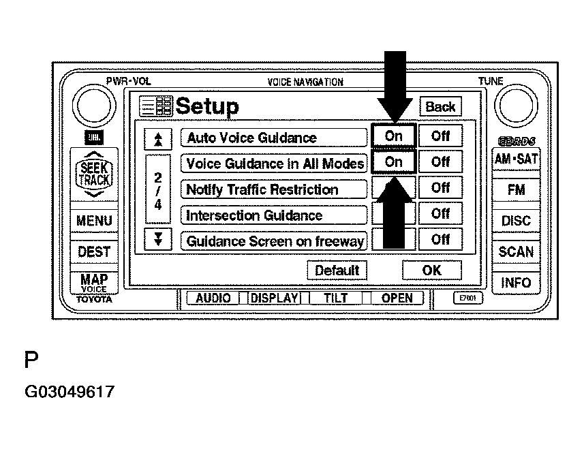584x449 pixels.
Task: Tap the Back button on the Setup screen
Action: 440,106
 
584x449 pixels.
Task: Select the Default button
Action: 337,270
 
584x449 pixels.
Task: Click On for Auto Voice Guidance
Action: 393,136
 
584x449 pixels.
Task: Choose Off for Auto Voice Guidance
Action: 440,136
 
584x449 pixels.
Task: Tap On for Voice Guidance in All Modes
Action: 393,162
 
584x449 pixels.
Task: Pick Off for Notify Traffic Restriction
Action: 440,188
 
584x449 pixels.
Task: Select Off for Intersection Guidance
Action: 440,214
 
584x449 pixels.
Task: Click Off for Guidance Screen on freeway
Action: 440,240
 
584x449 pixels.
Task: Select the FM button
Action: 516,191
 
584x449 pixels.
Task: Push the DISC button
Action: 516,221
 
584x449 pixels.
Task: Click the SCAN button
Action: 516,251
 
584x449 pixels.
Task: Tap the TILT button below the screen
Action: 335,298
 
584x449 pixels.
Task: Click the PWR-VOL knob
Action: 96,107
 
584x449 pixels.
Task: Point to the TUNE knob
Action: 516,107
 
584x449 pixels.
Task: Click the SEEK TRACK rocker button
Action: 94,174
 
